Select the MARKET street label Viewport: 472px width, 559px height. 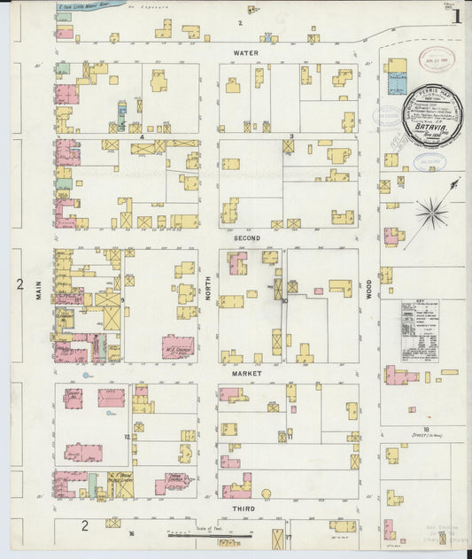(244, 374)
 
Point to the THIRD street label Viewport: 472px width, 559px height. (244, 509)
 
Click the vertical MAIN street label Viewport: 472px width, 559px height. (39, 291)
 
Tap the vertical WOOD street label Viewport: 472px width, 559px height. (369, 291)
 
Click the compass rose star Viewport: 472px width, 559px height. (432, 212)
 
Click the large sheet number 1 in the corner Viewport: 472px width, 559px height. (456, 15)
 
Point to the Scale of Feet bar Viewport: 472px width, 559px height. (210, 535)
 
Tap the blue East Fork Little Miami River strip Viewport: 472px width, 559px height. (89, 5)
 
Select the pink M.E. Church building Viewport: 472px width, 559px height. (177, 346)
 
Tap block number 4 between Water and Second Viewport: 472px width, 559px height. (142, 137)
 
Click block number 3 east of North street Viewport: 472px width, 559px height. (291, 136)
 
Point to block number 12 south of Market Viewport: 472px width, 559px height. (128, 437)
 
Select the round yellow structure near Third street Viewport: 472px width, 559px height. (268, 493)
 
